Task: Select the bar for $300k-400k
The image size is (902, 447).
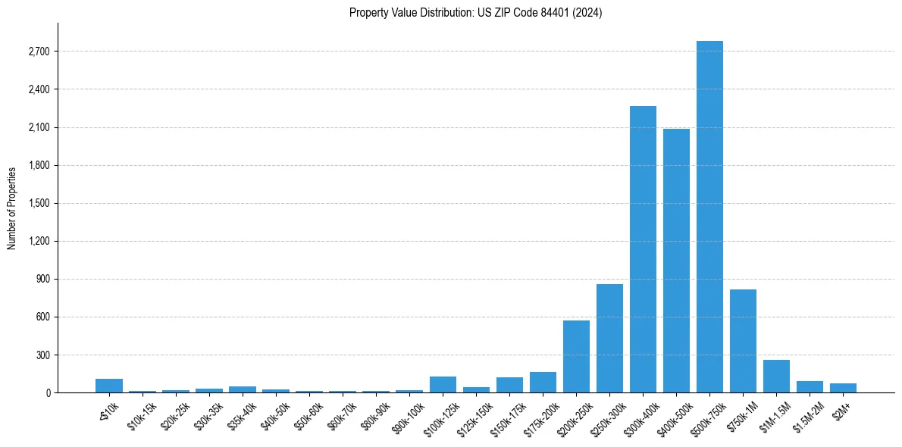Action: (x=643, y=249)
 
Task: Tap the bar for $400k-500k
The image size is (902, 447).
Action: (x=676, y=261)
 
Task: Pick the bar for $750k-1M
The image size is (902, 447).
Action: (x=743, y=341)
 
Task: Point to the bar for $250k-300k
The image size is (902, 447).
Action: (x=609, y=338)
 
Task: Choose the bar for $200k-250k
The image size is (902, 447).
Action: (x=576, y=356)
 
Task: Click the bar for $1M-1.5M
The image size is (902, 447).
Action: (x=776, y=376)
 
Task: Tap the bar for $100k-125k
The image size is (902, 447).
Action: (x=443, y=384)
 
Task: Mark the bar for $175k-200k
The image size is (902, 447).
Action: (x=543, y=382)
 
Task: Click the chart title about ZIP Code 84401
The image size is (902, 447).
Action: (x=475, y=13)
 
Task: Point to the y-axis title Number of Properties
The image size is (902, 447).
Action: (x=11, y=208)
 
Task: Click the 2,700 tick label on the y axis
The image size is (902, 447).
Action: (x=38, y=52)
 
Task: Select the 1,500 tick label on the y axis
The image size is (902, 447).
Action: (x=38, y=203)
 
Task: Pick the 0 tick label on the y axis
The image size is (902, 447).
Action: (x=47, y=392)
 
